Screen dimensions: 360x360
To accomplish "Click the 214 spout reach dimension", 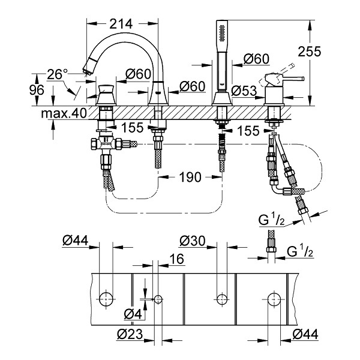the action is click(x=121, y=24).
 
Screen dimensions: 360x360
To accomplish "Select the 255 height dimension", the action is click(x=309, y=52).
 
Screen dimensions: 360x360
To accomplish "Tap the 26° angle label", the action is click(x=57, y=74).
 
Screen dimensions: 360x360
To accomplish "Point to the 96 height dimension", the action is click(x=37, y=90).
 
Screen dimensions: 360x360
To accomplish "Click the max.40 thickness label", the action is click(x=64, y=113).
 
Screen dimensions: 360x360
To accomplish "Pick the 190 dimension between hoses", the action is click(x=190, y=177).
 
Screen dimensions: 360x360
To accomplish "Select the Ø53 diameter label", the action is click(x=244, y=91).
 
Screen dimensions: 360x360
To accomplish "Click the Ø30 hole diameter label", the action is click(x=193, y=241).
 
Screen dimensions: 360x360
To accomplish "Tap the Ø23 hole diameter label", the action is click(x=130, y=334).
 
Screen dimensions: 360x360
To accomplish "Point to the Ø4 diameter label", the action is click(x=133, y=314).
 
